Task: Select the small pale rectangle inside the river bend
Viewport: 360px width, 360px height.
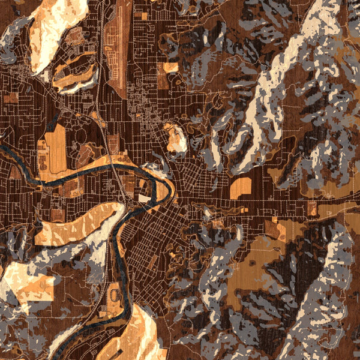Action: (145, 197)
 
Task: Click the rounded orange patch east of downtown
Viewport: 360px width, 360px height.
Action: (241, 187)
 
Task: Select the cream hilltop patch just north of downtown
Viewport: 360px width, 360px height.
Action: (176, 140)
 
